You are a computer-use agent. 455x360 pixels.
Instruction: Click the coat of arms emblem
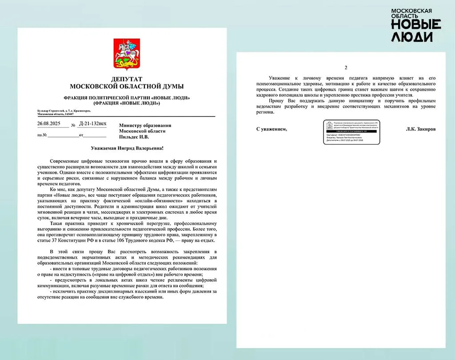(126, 55)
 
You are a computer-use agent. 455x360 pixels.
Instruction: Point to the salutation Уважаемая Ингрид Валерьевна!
(126, 148)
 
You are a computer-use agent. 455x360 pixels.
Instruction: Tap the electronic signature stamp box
(351, 132)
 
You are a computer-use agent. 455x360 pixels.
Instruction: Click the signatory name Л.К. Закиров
(420, 129)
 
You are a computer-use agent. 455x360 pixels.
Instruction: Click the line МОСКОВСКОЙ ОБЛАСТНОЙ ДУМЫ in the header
(126, 86)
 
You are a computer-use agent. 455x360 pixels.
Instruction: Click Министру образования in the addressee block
(145, 125)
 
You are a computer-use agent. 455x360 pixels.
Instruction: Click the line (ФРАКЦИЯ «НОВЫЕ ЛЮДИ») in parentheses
(126, 103)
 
